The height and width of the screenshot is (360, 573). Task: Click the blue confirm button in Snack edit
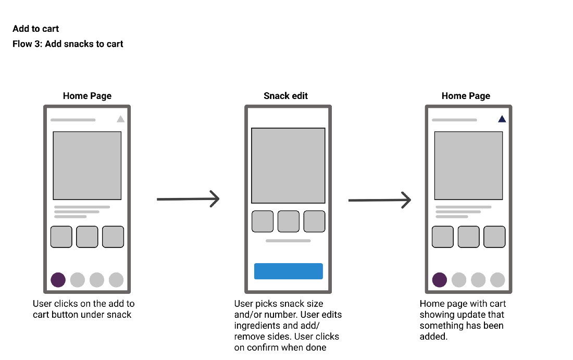pyautogui.click(x=288, y=271)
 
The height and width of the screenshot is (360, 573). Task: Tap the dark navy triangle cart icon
pyautogui.click(x=502, y=119)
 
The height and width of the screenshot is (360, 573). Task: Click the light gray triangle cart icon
pyautogui.click(x=120, y=119)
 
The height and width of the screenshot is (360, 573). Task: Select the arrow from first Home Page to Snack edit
pyautogui.click(x=188, y=198)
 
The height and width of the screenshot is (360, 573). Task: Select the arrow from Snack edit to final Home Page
pyautogui.click(x=380, y=200)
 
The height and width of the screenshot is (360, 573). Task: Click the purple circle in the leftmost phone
pyautogui.click(x=58, y=280)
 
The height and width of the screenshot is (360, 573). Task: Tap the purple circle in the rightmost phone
pyautogui.click(x=440, y=280)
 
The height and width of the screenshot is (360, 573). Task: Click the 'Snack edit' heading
pyautogui.click(x=285, y=96)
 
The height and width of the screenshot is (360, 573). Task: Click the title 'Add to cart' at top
pyautogui.click(x=36, y=29)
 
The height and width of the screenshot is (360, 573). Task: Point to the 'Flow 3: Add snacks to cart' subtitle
pyautogui.click(x=68, y=44)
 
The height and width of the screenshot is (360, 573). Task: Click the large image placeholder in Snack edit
pyautogui.click(x=288, y=165)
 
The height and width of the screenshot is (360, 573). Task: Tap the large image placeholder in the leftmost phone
pyautogui.click(x=87, y=165)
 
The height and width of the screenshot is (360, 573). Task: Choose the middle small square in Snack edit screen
pyautogui.click(x=288, y=221)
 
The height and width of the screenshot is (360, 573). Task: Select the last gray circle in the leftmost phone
pyautogui.click(x=116, y=280)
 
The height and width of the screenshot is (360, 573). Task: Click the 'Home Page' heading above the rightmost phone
pyautogui.click(x=466, y=96)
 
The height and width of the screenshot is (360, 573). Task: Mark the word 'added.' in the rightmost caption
pyautogui.click(x=433, y=337)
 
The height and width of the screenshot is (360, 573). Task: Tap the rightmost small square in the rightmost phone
pyautogui.click(x=494, y=237)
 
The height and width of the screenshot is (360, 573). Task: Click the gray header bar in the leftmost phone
pyautogui.click(x=73, y=120)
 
